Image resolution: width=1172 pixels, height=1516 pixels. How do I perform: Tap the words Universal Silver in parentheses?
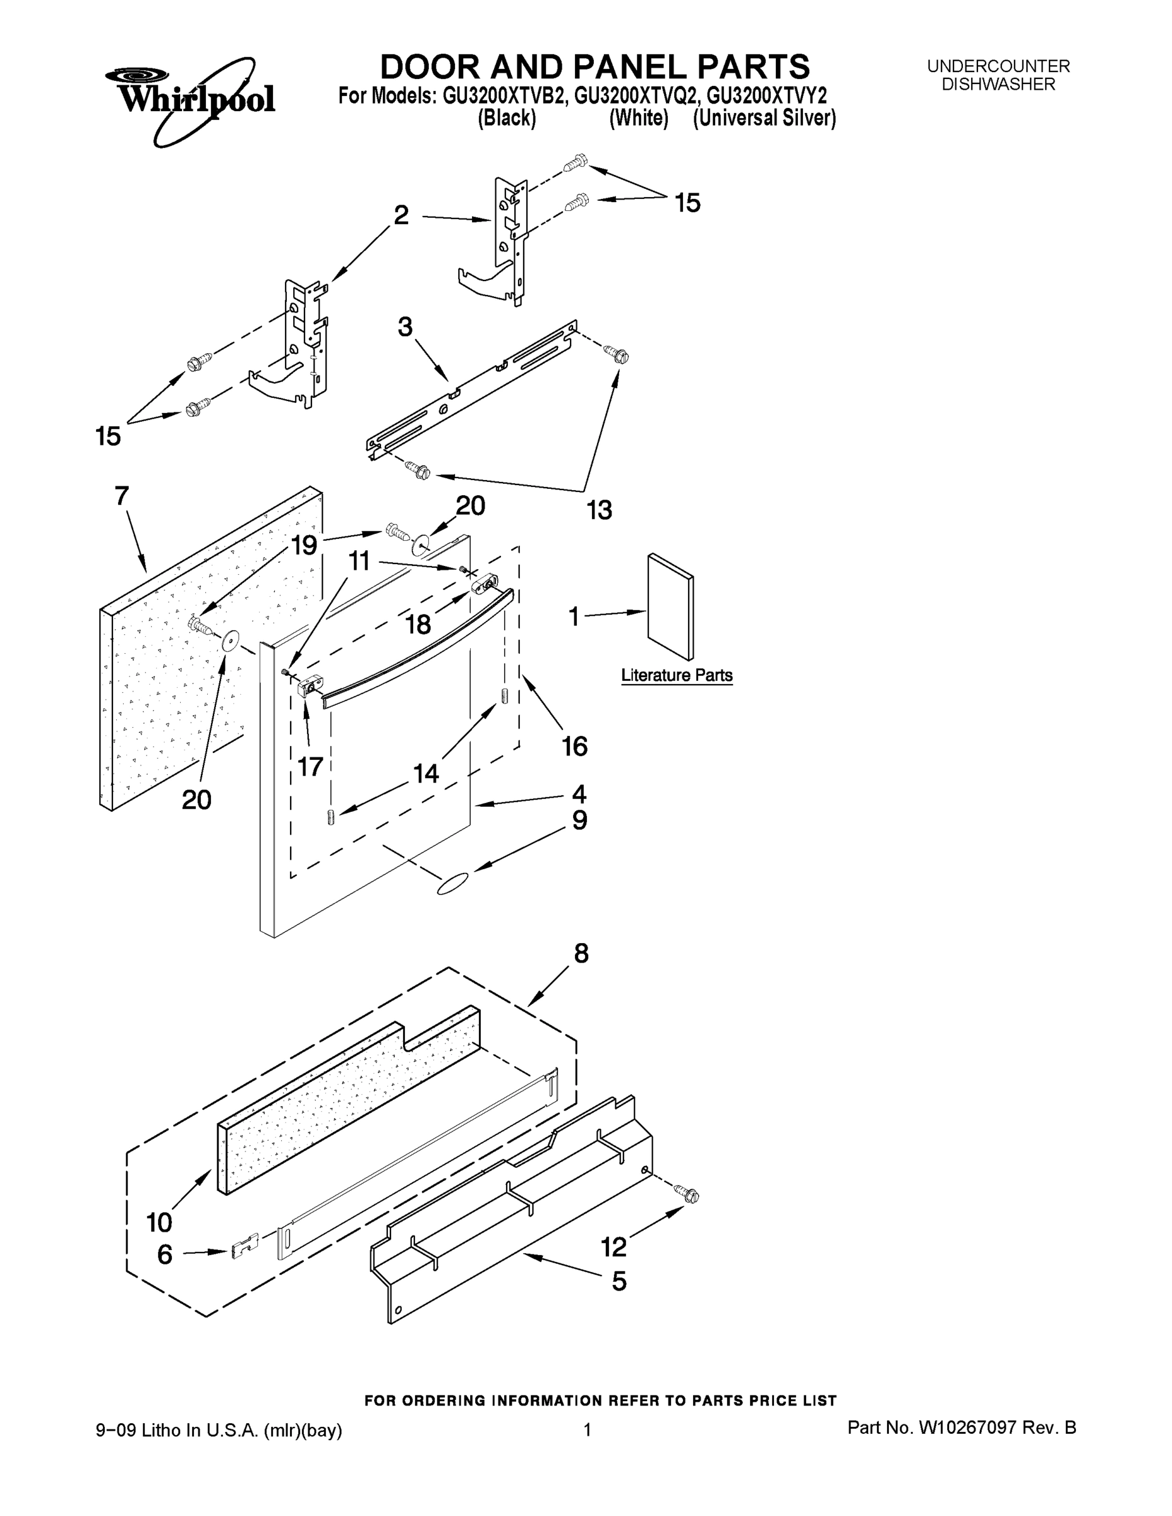click(764, 119)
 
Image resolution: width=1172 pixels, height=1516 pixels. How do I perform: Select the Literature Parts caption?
click(676, 675)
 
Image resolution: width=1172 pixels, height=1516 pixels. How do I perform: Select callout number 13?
click(599, 510)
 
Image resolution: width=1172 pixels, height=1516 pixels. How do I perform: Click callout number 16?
click(575, 746)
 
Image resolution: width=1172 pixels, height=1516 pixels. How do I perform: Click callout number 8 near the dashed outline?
click(581, 953)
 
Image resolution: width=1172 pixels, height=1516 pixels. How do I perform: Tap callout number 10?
click(159, 1221)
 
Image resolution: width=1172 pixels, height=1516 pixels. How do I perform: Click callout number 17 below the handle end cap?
click(310, 766)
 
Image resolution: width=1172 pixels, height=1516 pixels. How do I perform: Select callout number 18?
click(418, 625)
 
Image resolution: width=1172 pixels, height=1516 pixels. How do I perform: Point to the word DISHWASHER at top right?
click(998, 85)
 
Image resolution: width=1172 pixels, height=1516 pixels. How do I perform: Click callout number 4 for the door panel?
click(578, 793)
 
